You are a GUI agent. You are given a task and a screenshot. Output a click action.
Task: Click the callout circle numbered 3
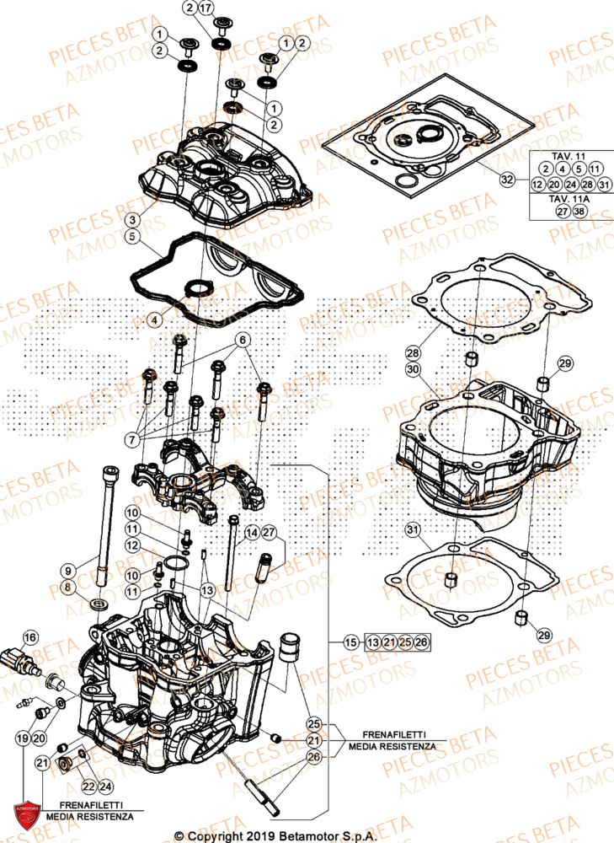[132, 219]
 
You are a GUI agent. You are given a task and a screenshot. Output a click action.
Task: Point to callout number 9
[68, 570]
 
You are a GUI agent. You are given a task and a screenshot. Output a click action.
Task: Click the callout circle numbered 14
[251, 533]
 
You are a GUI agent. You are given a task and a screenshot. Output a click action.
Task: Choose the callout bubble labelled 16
[29, 637]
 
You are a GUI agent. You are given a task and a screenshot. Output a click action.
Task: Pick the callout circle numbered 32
[506, 180]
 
